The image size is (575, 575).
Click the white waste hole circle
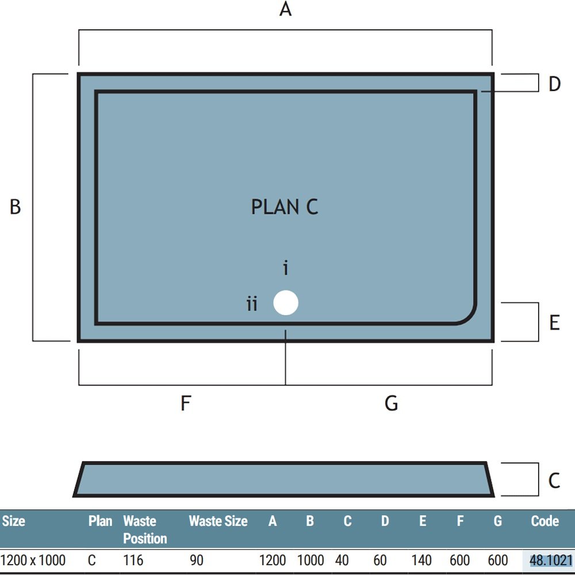(286, 302)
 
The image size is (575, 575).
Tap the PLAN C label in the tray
(285, 207)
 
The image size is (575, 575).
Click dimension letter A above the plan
(285, 9)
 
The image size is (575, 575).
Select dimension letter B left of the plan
(15, 206)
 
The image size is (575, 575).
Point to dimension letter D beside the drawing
(554, 84)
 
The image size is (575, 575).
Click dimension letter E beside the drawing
(554, 323)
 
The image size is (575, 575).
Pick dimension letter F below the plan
(186, 403)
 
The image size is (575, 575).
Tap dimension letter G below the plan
(391, 403)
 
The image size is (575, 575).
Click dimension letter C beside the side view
(554, 480)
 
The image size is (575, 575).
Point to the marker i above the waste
(286, 268)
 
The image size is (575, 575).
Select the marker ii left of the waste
(252, 304)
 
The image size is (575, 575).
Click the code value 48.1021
(551, 560)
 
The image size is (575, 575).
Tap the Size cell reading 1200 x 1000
(33, 560)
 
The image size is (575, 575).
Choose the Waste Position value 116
(133, 560)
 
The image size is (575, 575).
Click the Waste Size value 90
(197, 560)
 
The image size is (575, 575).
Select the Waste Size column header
(218, 521)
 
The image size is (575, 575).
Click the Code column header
(545, 521)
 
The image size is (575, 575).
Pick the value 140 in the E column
(421, 560)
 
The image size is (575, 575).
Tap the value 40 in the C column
(342, 560)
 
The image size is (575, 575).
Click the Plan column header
(100, 521)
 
